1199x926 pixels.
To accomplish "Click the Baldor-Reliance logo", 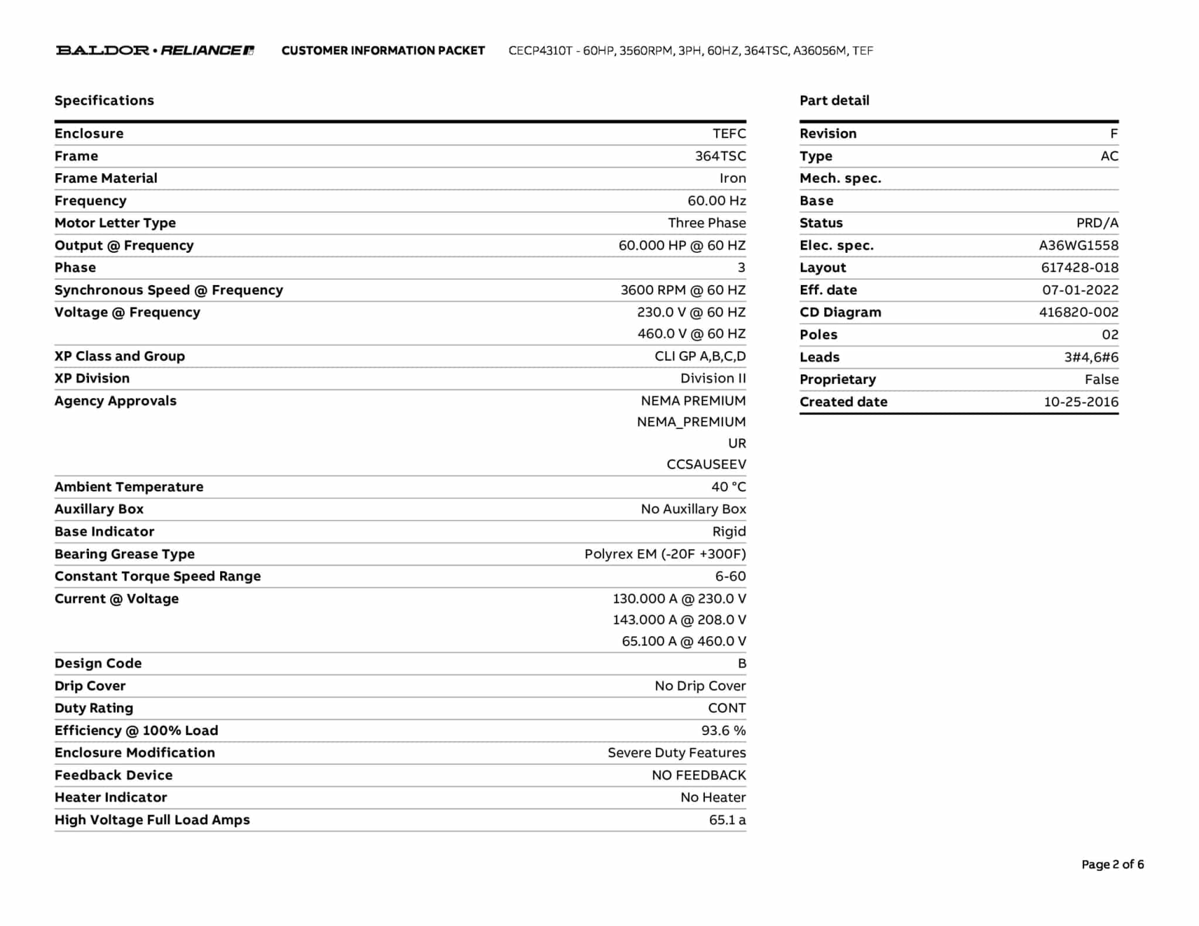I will point(155,50).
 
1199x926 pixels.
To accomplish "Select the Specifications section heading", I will point(104,101).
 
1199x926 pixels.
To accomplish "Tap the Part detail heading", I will point(834,101).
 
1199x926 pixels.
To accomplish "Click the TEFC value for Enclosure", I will point(729,133).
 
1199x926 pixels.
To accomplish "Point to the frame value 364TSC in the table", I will point(720,156).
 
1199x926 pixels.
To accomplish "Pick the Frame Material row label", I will point(106,179).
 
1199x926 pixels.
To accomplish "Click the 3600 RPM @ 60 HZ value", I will point(683,290).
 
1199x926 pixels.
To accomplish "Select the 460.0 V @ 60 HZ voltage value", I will point(691,334).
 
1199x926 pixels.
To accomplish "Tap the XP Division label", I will point(92,379).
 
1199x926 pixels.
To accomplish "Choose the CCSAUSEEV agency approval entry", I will point(706,465).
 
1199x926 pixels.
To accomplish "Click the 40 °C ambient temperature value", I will point(728,487).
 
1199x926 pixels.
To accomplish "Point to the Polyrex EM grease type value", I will point(665,554).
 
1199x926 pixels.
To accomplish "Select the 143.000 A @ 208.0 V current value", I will point(679,620).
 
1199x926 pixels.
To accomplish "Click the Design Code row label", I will point(98,664).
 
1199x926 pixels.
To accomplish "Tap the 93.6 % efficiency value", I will point(723,731).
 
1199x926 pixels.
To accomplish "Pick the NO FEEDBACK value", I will point(698,776).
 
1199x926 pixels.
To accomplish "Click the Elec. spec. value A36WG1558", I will point(1078,246).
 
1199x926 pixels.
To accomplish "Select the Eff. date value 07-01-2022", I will point(1080,290).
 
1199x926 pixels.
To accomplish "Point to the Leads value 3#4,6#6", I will point(1091,358).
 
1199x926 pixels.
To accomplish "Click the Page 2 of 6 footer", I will point(1112,865).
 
